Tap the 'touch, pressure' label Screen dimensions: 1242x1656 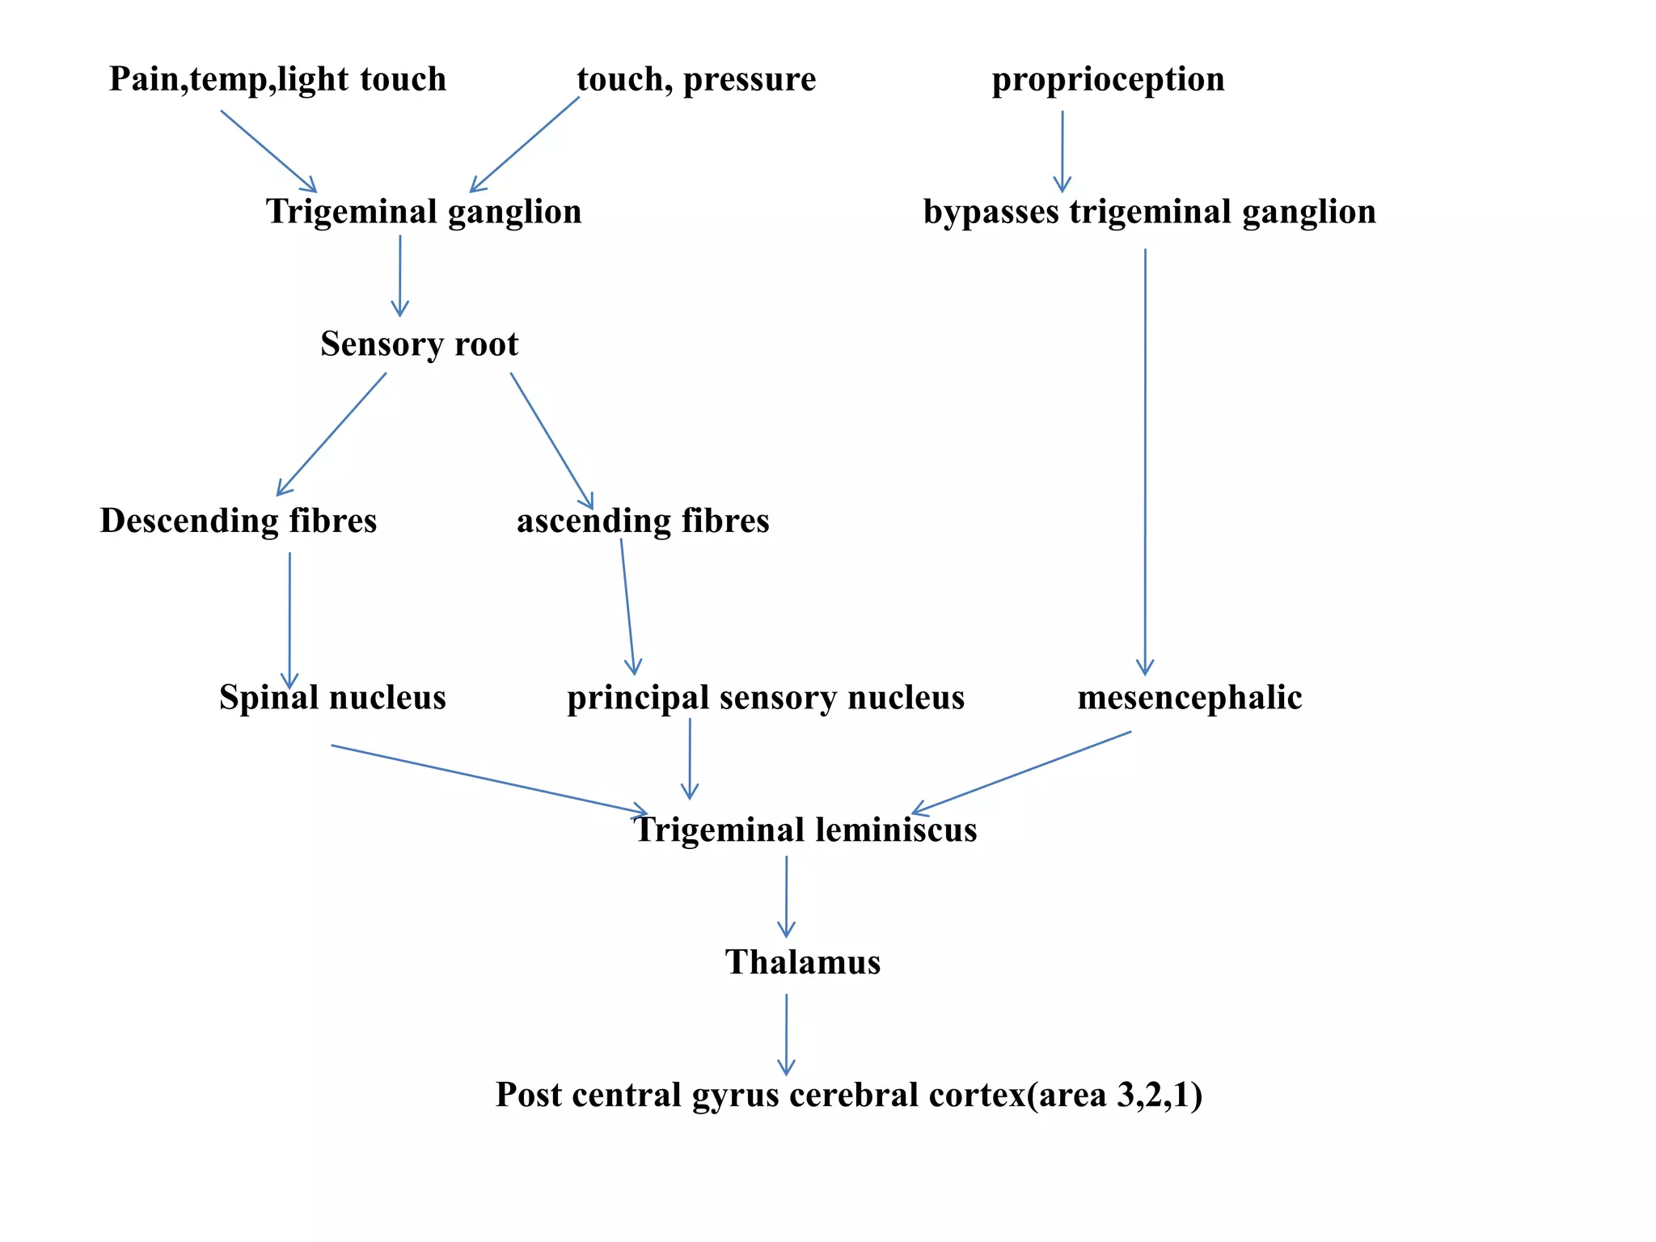coord(696,79)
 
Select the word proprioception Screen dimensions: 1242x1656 coord(1108,79)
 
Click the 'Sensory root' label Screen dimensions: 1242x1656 coord(419,344)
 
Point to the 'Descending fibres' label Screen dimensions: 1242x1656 coord(238,521)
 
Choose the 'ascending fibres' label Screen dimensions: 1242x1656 coord(643,521)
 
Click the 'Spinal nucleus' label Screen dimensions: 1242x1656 coord(332,697)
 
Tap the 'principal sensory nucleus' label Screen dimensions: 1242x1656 coord(766,697)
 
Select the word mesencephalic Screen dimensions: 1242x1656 coord(1189,697)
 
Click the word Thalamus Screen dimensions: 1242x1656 coord(802,962)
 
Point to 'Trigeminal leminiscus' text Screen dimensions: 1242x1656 coord(805,830)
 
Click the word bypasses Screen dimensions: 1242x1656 coord(991,212)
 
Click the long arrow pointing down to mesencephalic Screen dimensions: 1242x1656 coord(1145,461)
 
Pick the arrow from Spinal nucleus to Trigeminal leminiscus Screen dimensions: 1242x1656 coord(489,779)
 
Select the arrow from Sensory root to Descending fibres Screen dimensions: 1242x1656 coord(332,434)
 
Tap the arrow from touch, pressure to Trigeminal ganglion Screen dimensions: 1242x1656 coord(525,145)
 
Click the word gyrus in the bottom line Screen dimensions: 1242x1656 coord(735,1096)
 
